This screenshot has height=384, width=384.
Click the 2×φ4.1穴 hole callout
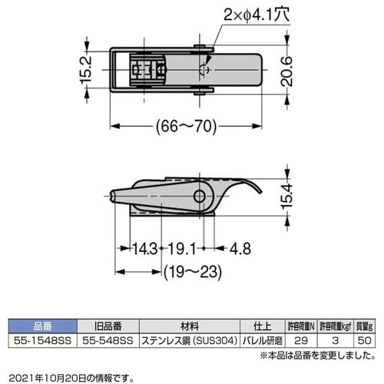[x=255, y=15]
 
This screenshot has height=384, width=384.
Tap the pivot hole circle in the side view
[x=200, y=197]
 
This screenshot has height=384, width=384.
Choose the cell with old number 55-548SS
[x=107, y=339]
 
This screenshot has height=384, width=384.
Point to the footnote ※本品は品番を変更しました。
[x=316, y=354]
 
